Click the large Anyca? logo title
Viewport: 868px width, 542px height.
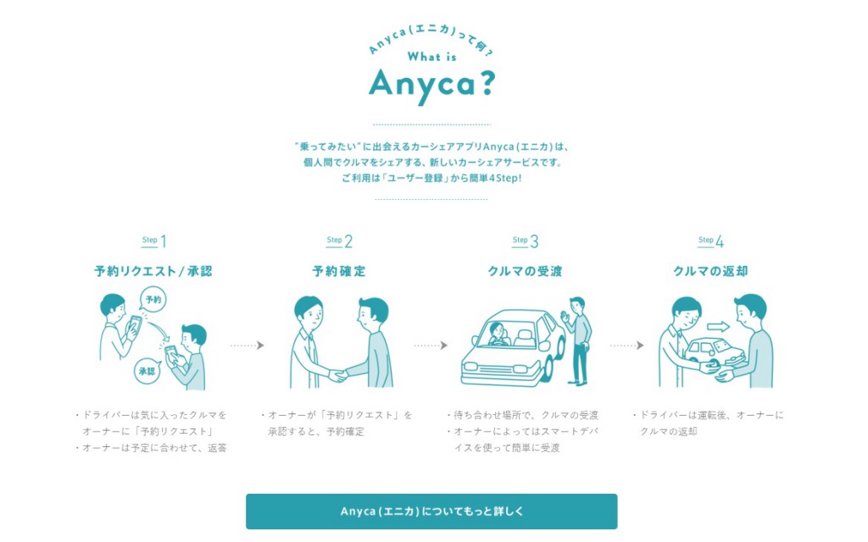point(431,83)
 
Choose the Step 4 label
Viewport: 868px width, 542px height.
point(711,241)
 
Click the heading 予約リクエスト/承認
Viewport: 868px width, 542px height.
point(153,272)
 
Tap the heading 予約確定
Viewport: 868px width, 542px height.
point(339,272)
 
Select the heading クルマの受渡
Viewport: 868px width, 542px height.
point(526,272)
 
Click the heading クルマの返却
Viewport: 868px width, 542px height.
point(711,272)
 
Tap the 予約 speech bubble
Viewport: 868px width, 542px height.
point(153,301)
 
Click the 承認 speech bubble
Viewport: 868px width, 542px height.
point(147,370)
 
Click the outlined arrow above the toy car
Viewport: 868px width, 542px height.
point(718,326)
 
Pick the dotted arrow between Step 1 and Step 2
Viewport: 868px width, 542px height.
point(247,346)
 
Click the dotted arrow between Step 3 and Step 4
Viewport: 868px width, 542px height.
point(626,346)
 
